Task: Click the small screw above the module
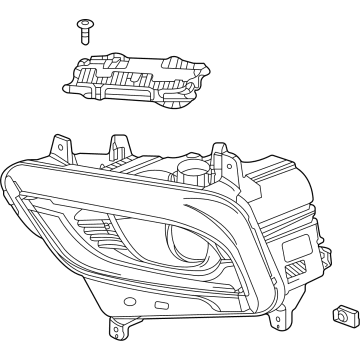pos(84,29)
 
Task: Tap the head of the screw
pos(84,22)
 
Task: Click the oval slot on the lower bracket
pos(163,303)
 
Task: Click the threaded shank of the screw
pos(84,36)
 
